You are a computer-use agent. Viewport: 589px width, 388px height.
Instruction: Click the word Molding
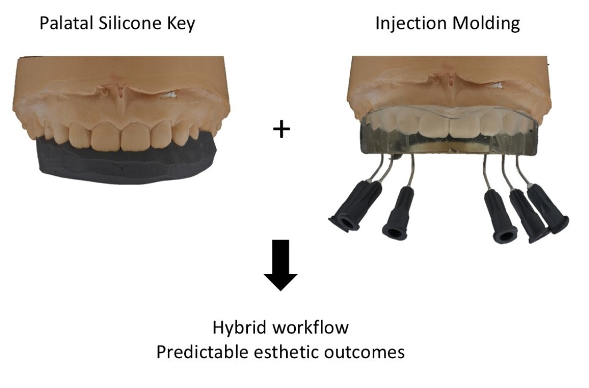[x=488, y=25]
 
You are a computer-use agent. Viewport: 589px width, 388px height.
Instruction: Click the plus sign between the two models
[x=281, y=130]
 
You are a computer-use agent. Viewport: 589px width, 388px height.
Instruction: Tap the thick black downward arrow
[x=281, y=265]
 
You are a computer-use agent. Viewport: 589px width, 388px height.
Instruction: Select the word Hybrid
[x=236, y=328]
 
